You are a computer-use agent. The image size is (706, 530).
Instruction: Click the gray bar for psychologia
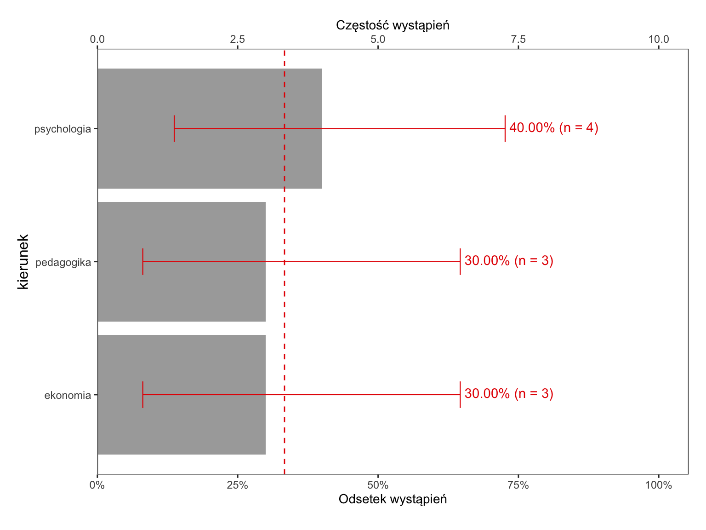click(x=210, y=128)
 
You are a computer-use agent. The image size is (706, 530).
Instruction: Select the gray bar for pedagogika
click(x=182, y=262)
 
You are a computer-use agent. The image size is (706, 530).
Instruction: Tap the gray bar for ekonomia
click(x=182, y=395)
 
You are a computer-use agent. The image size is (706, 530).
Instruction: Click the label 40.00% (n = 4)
click(x=553, y=128)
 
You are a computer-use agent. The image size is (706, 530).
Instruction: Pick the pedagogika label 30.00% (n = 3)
click(x=509, y=261)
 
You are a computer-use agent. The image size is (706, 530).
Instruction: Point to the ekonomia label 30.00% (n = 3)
click(x=509, y=393)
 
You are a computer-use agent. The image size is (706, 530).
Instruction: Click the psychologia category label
click(x=63, y=129)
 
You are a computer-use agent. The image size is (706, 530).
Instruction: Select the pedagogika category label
click(x=63, y=263)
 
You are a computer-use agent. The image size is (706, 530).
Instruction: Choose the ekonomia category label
click(x=68, y=395)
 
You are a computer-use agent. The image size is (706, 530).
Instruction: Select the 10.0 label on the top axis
click(x=658, y=39)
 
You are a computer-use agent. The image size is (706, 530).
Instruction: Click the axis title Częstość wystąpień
click(x=393, y=25)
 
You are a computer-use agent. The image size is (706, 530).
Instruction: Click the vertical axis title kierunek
click(x=23, y=262)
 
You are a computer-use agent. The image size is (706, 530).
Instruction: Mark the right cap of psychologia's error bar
click(x=505, y=128)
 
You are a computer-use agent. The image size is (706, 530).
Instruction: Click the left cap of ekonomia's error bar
click(x=143, y=395)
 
